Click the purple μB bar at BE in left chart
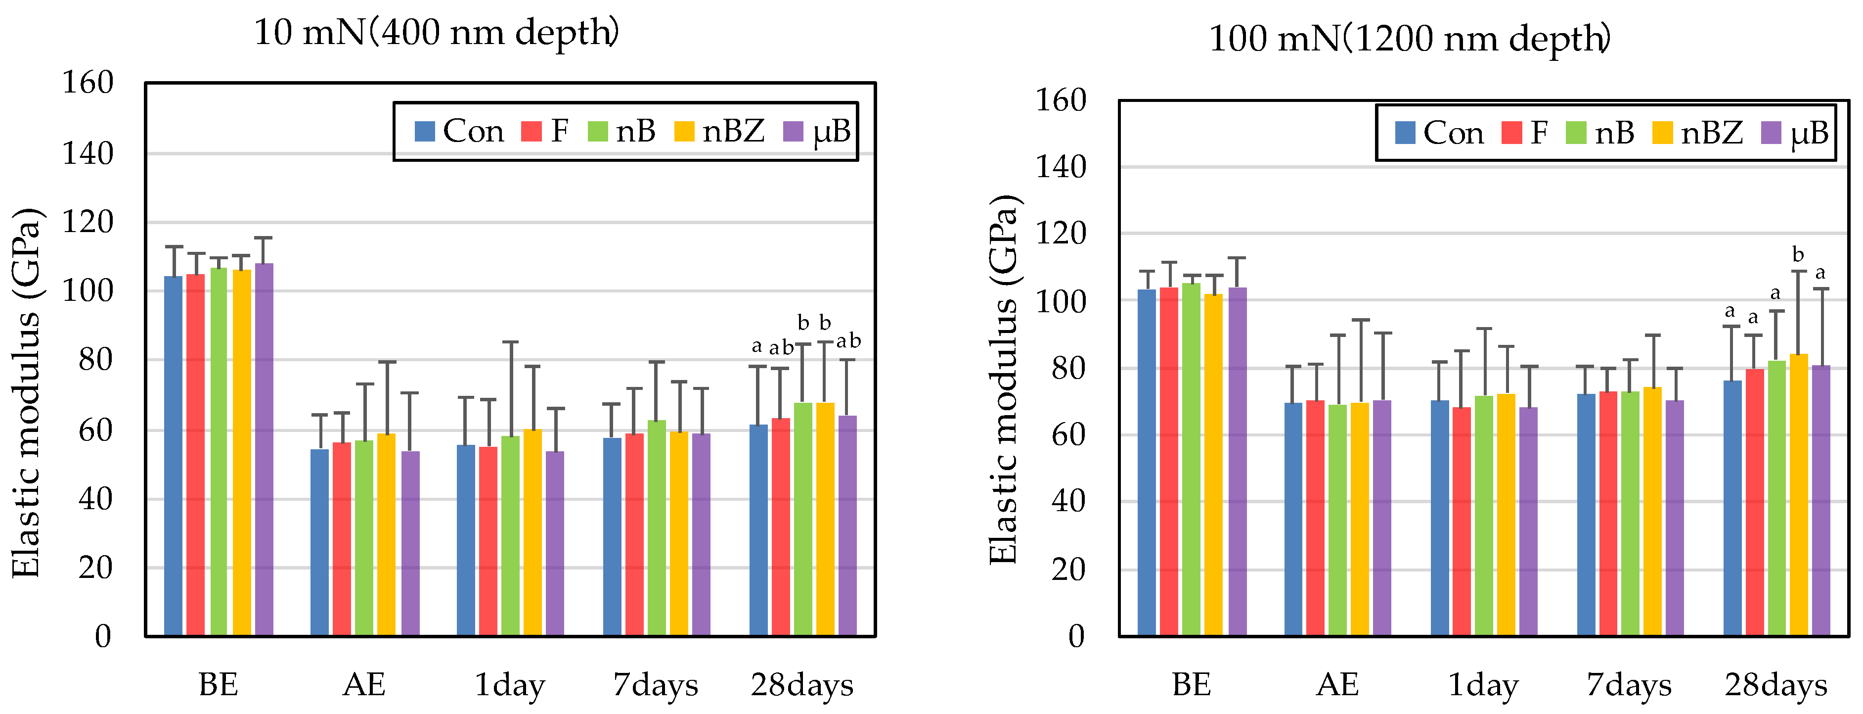(x=264, y=448)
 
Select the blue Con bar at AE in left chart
(x=319, y=543)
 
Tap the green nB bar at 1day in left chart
(x=510, y=535)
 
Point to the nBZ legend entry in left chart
(x=719, y=132)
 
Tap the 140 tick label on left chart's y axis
(x=88, y=153)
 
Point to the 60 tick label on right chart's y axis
(x=1067, y=435)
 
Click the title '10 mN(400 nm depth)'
(x=436, y=33)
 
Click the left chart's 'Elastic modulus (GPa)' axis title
(x=26, y=393)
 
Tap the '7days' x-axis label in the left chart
(x=655, y=684)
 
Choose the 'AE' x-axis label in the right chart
(x=1337, y=684)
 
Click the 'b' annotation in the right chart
(x=1798, y=255)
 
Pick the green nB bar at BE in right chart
(x=1191, y=459)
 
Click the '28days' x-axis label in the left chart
(x=801, y=684)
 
